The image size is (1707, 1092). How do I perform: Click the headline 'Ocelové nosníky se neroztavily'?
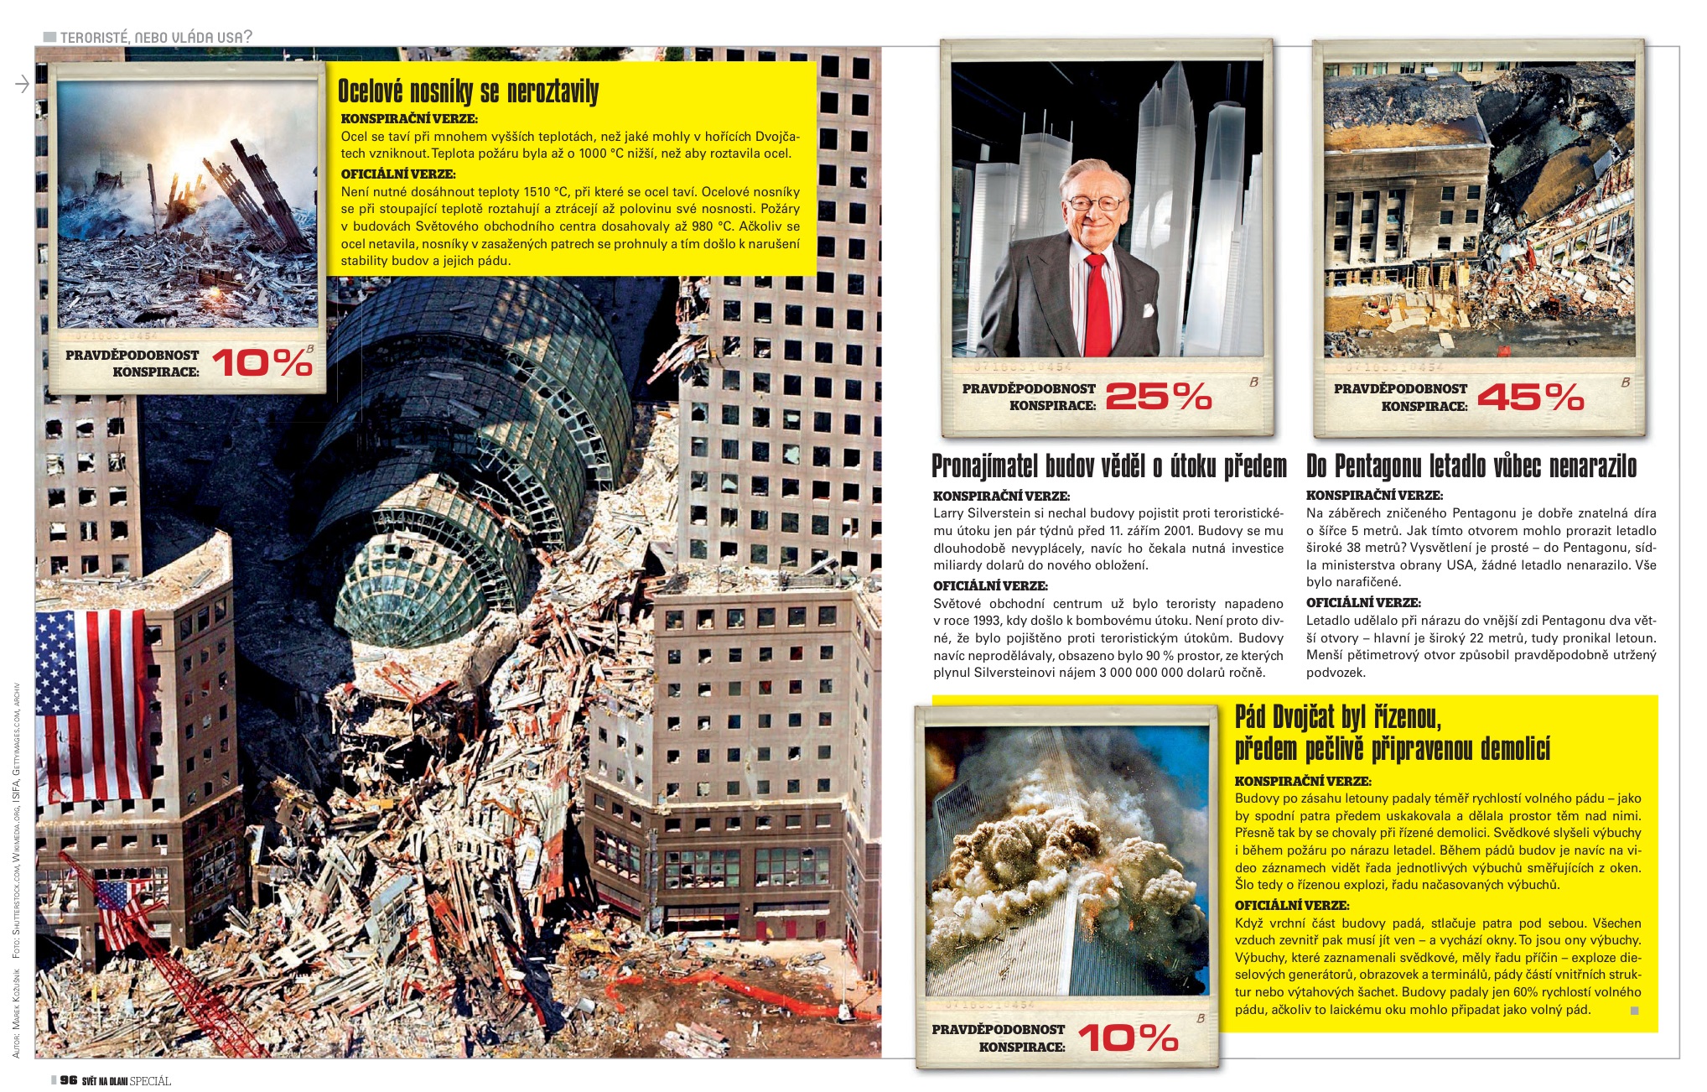point(468,91)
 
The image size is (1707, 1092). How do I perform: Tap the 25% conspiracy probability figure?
point(1159,396)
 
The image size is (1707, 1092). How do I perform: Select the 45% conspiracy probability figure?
point(1530,396)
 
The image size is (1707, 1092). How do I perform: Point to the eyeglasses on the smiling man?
point(1096,203)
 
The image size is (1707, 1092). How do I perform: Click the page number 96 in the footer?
point(69,1080)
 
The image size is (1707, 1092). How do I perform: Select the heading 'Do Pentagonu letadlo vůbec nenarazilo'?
point(1471,466)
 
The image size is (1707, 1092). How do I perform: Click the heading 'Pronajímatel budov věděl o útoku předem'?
point(1108,466)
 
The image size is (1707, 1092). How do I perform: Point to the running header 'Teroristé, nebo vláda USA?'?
point(156,37)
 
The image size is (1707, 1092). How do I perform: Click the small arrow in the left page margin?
point(23,84)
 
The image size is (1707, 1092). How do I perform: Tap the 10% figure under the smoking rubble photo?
point(262,362)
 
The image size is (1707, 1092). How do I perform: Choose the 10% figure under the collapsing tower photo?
point(1128,1037)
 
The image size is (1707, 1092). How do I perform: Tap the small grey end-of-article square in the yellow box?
point(1634,1011)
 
